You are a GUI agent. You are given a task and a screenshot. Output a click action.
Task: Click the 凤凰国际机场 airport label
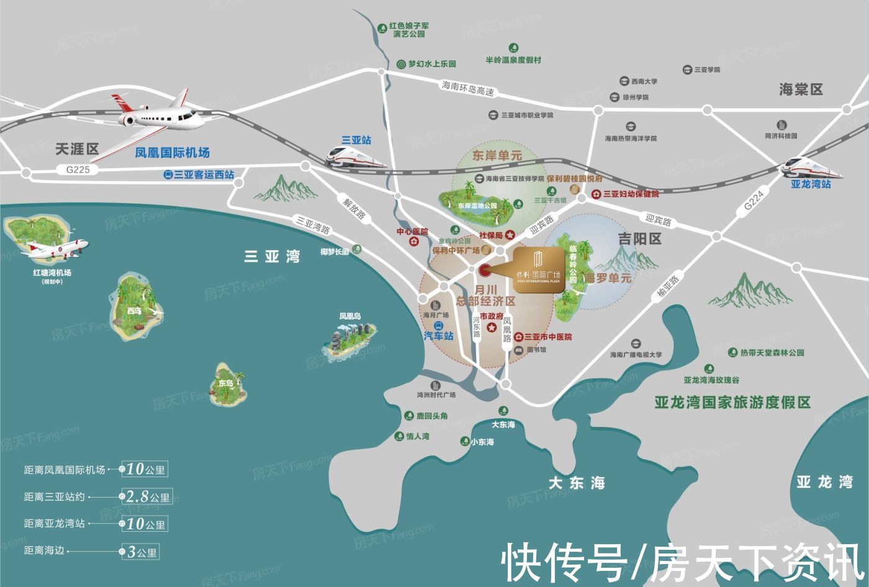(172, 152)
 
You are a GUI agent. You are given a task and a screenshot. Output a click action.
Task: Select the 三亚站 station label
(356, 140)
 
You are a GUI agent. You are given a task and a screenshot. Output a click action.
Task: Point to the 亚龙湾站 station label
(810, 184)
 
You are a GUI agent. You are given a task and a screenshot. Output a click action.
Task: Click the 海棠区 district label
(801, 89)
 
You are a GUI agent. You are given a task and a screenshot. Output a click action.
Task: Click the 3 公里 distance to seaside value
(142, 552)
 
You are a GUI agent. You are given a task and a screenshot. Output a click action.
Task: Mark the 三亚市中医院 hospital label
(547, 337)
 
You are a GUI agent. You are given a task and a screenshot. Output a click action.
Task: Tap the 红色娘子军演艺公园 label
(408, 30)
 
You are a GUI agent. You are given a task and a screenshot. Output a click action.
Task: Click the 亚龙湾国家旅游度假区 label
(732, 402)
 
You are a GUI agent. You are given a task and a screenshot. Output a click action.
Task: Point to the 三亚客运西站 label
(203, 175)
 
